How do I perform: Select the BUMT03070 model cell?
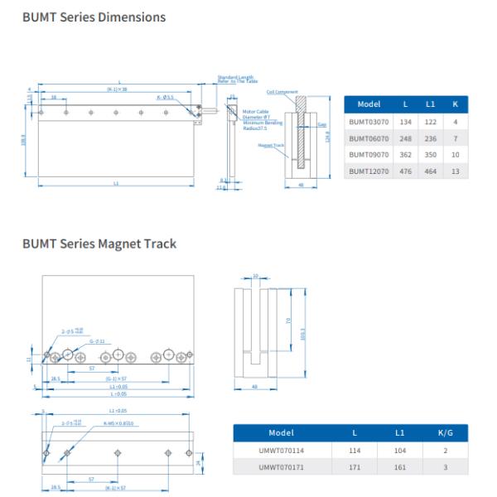(x=369, y=121)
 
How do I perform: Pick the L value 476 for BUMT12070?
(x=407, y=171)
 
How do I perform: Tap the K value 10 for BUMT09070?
(x=455, y=154)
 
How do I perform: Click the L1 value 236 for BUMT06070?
(x=431, y=138)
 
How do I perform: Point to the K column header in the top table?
(x=455, y=104)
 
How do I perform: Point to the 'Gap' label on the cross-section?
(x=321, y=124)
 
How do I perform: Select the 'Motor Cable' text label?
(x=256, y=110)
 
